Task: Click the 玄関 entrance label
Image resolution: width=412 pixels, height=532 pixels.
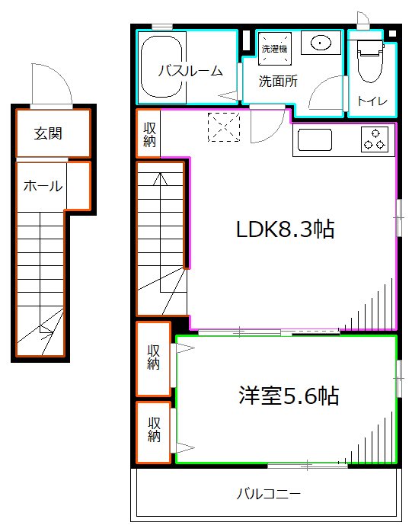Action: click(x=47, y=133)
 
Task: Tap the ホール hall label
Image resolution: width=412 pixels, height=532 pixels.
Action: click(x=43, y=185)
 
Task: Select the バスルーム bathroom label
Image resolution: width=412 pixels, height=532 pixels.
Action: click(x=190, y=71)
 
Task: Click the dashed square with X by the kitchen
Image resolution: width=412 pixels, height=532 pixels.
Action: click(x=224, y=127)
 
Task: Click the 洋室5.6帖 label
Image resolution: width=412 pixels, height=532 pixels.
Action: click(x=288, y=396)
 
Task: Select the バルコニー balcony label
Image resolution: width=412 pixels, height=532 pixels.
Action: click(x=267, y=492)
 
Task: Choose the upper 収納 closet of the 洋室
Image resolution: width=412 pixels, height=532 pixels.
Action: click(x=153, y=358)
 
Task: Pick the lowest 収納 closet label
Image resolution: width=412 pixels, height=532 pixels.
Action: click(x=153, y=430)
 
